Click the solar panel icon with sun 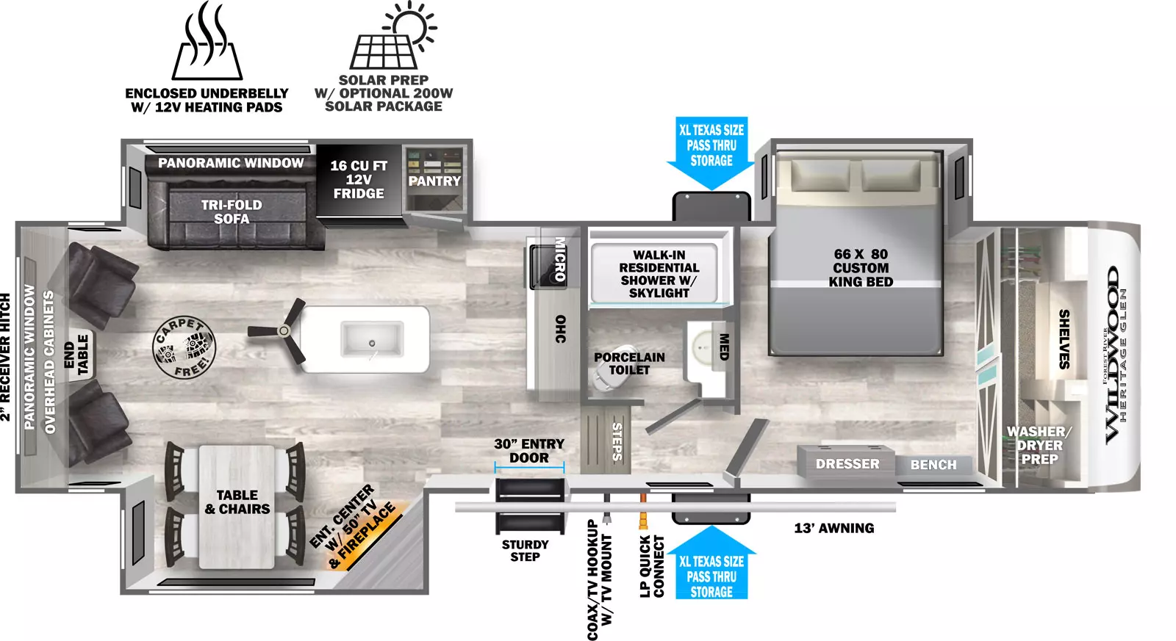[x=392, y=36]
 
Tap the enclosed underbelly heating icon [x=207, y=42]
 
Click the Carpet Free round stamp [x=184, y=347]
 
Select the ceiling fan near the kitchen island [x=282, y=330]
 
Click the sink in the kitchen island [x=372, y=339]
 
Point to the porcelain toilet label [x=629, y=363]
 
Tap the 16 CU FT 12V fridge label [x=359, y=179]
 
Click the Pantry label [x=434, y=181]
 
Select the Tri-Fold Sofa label [x=232, y=211]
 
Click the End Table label [x=76, y=355]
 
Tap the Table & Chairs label [x=237, y=502]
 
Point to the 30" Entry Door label [x=529, y=451]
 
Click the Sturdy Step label [x=525, y=551]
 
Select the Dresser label [x=847, y=464]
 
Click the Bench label [x=933, y=465]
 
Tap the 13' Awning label [x=834, y=528]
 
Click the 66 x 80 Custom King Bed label [x=861, y=267]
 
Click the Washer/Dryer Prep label [x=1039, y=446]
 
